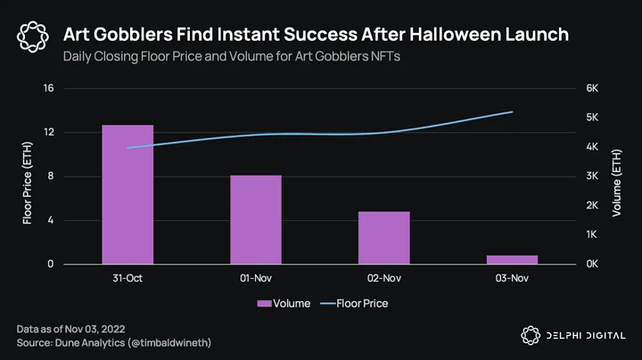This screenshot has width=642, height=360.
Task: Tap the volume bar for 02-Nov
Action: pos(384,238)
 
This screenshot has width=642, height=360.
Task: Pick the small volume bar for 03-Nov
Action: pos(512,259)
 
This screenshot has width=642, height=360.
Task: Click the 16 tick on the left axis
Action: pos(48,88)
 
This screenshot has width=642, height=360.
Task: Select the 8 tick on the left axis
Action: pos(51,176)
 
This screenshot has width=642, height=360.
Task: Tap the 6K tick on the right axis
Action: pos(592,88)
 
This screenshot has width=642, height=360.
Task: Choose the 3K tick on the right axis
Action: pos(592,176)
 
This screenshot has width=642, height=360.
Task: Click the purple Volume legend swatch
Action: pos(264,304)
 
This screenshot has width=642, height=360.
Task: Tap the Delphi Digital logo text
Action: pos(584,335)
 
